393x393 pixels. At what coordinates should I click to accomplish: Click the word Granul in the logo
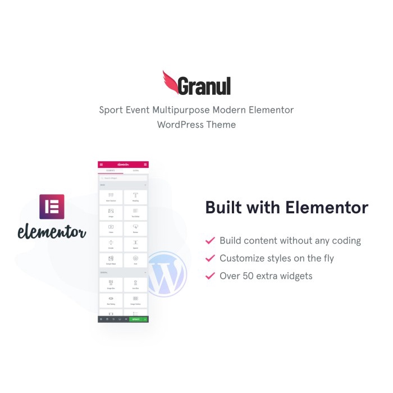click(x=204, y=86)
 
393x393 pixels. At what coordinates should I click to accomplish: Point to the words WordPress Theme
click(x=196, y=124)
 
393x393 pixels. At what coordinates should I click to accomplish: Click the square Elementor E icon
click(x=52, y=207)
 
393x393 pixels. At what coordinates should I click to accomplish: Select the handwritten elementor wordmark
click(x=52, y=231)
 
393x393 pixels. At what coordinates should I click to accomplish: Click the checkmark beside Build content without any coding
click(x=210, y=241)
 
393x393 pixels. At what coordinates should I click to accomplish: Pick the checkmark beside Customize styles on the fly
click(x=210, y=258)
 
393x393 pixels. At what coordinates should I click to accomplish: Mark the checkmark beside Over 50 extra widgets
click(x=210, y=276)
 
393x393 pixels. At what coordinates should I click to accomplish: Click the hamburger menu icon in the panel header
click(x=101, y=164)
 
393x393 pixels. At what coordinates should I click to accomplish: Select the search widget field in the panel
click(x=123, y=178)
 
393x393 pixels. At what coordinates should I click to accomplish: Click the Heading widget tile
click(x=135, y=197)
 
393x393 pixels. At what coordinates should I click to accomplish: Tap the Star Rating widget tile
click(x=111, y=300)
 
